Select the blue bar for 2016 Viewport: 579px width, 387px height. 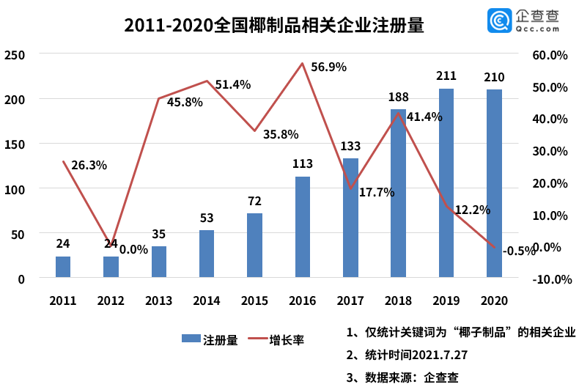tap(303, 227)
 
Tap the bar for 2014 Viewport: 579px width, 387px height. tap(207, 254)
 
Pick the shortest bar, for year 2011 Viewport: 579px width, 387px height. tap(63, 268)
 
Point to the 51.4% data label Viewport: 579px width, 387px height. tap(232, 84)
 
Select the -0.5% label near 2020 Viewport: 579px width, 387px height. tap(519, 251)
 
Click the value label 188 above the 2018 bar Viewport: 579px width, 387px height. tap(398, 97)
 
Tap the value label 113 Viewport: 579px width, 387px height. tap(302, 164)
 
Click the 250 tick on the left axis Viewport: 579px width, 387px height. tap(15, 54)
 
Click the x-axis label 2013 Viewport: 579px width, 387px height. tap(158, 301)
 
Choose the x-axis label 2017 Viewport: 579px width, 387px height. tap(350, 301)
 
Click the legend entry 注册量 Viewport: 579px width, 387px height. tap(210, 339)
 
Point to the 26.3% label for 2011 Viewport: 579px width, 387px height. tap(89, 165)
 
